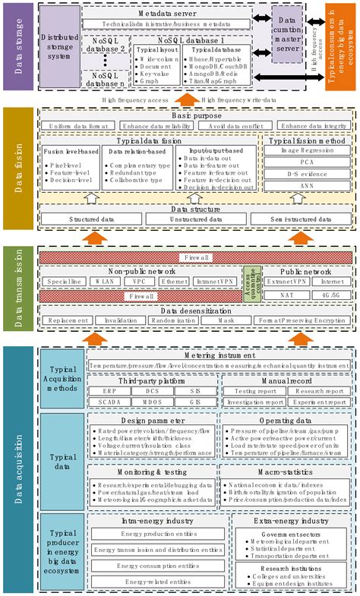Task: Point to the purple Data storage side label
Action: (17, 46)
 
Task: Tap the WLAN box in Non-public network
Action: (100, 281)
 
